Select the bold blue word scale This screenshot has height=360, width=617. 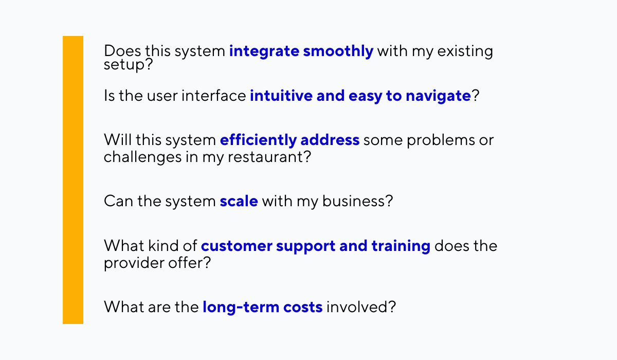click(239, 201)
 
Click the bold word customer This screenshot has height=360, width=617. click(237, 246)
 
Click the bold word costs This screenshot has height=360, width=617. click(303, 308)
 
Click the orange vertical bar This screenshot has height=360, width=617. click(73, 180)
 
